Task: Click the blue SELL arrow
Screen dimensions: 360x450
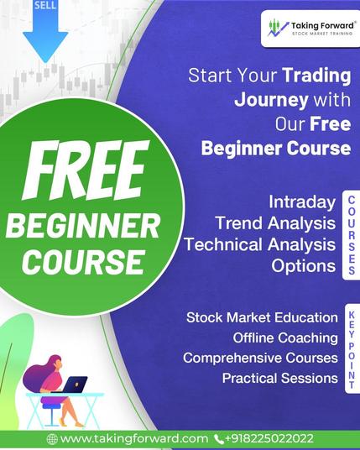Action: pos(45,29)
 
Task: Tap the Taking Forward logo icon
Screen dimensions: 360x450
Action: pos(278,28)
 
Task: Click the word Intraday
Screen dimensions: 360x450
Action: pos(302,202)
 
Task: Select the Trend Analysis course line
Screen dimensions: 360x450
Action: pos(275,223)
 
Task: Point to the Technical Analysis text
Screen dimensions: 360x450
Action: pos(260,244)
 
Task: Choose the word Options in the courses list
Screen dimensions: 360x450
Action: pos(304,266)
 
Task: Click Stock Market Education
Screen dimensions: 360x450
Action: pos(262,317)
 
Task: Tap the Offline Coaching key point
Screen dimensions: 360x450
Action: pos(285,337)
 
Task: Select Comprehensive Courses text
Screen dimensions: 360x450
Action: pos(260,358)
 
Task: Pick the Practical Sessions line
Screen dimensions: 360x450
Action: pos(280,379)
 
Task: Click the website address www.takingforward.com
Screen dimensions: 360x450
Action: pos(134,438)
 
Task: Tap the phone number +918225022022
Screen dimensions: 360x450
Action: pos(269,438)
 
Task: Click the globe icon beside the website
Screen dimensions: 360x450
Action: pos(52,439)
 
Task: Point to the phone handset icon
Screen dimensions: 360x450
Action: pos(219,439)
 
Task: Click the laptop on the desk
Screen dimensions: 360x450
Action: pos(75,385)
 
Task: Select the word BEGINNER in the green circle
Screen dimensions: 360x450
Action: pos(83,227)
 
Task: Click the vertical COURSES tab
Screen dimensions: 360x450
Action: pos(352,235)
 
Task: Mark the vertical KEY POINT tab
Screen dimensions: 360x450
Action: pos(352,349)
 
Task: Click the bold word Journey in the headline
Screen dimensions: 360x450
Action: pos(271,100)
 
